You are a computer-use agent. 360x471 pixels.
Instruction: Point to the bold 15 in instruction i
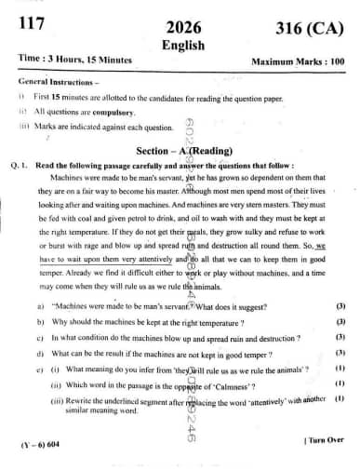[55, 97]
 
